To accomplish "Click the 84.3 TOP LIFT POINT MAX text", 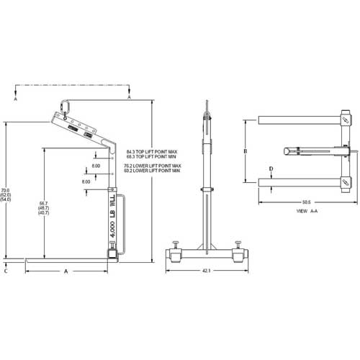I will coord(153,151).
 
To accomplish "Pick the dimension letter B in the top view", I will coord(246,152).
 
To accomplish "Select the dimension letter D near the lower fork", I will coord(270,169).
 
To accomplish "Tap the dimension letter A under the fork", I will coord(66,271).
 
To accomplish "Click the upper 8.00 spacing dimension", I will coord(96,167).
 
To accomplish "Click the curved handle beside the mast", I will coord(123,223).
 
